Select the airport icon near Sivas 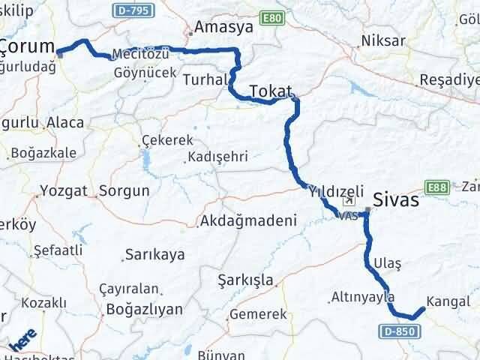click(x=347, y=202)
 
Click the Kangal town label click(x=448, y=301)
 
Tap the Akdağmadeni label click(x=248, y=221)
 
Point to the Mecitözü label click(x=138, y=55)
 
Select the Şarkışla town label click(x=244, y=280)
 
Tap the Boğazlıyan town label click(x=145, y=308)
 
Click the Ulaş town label click(x=386, y=264)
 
